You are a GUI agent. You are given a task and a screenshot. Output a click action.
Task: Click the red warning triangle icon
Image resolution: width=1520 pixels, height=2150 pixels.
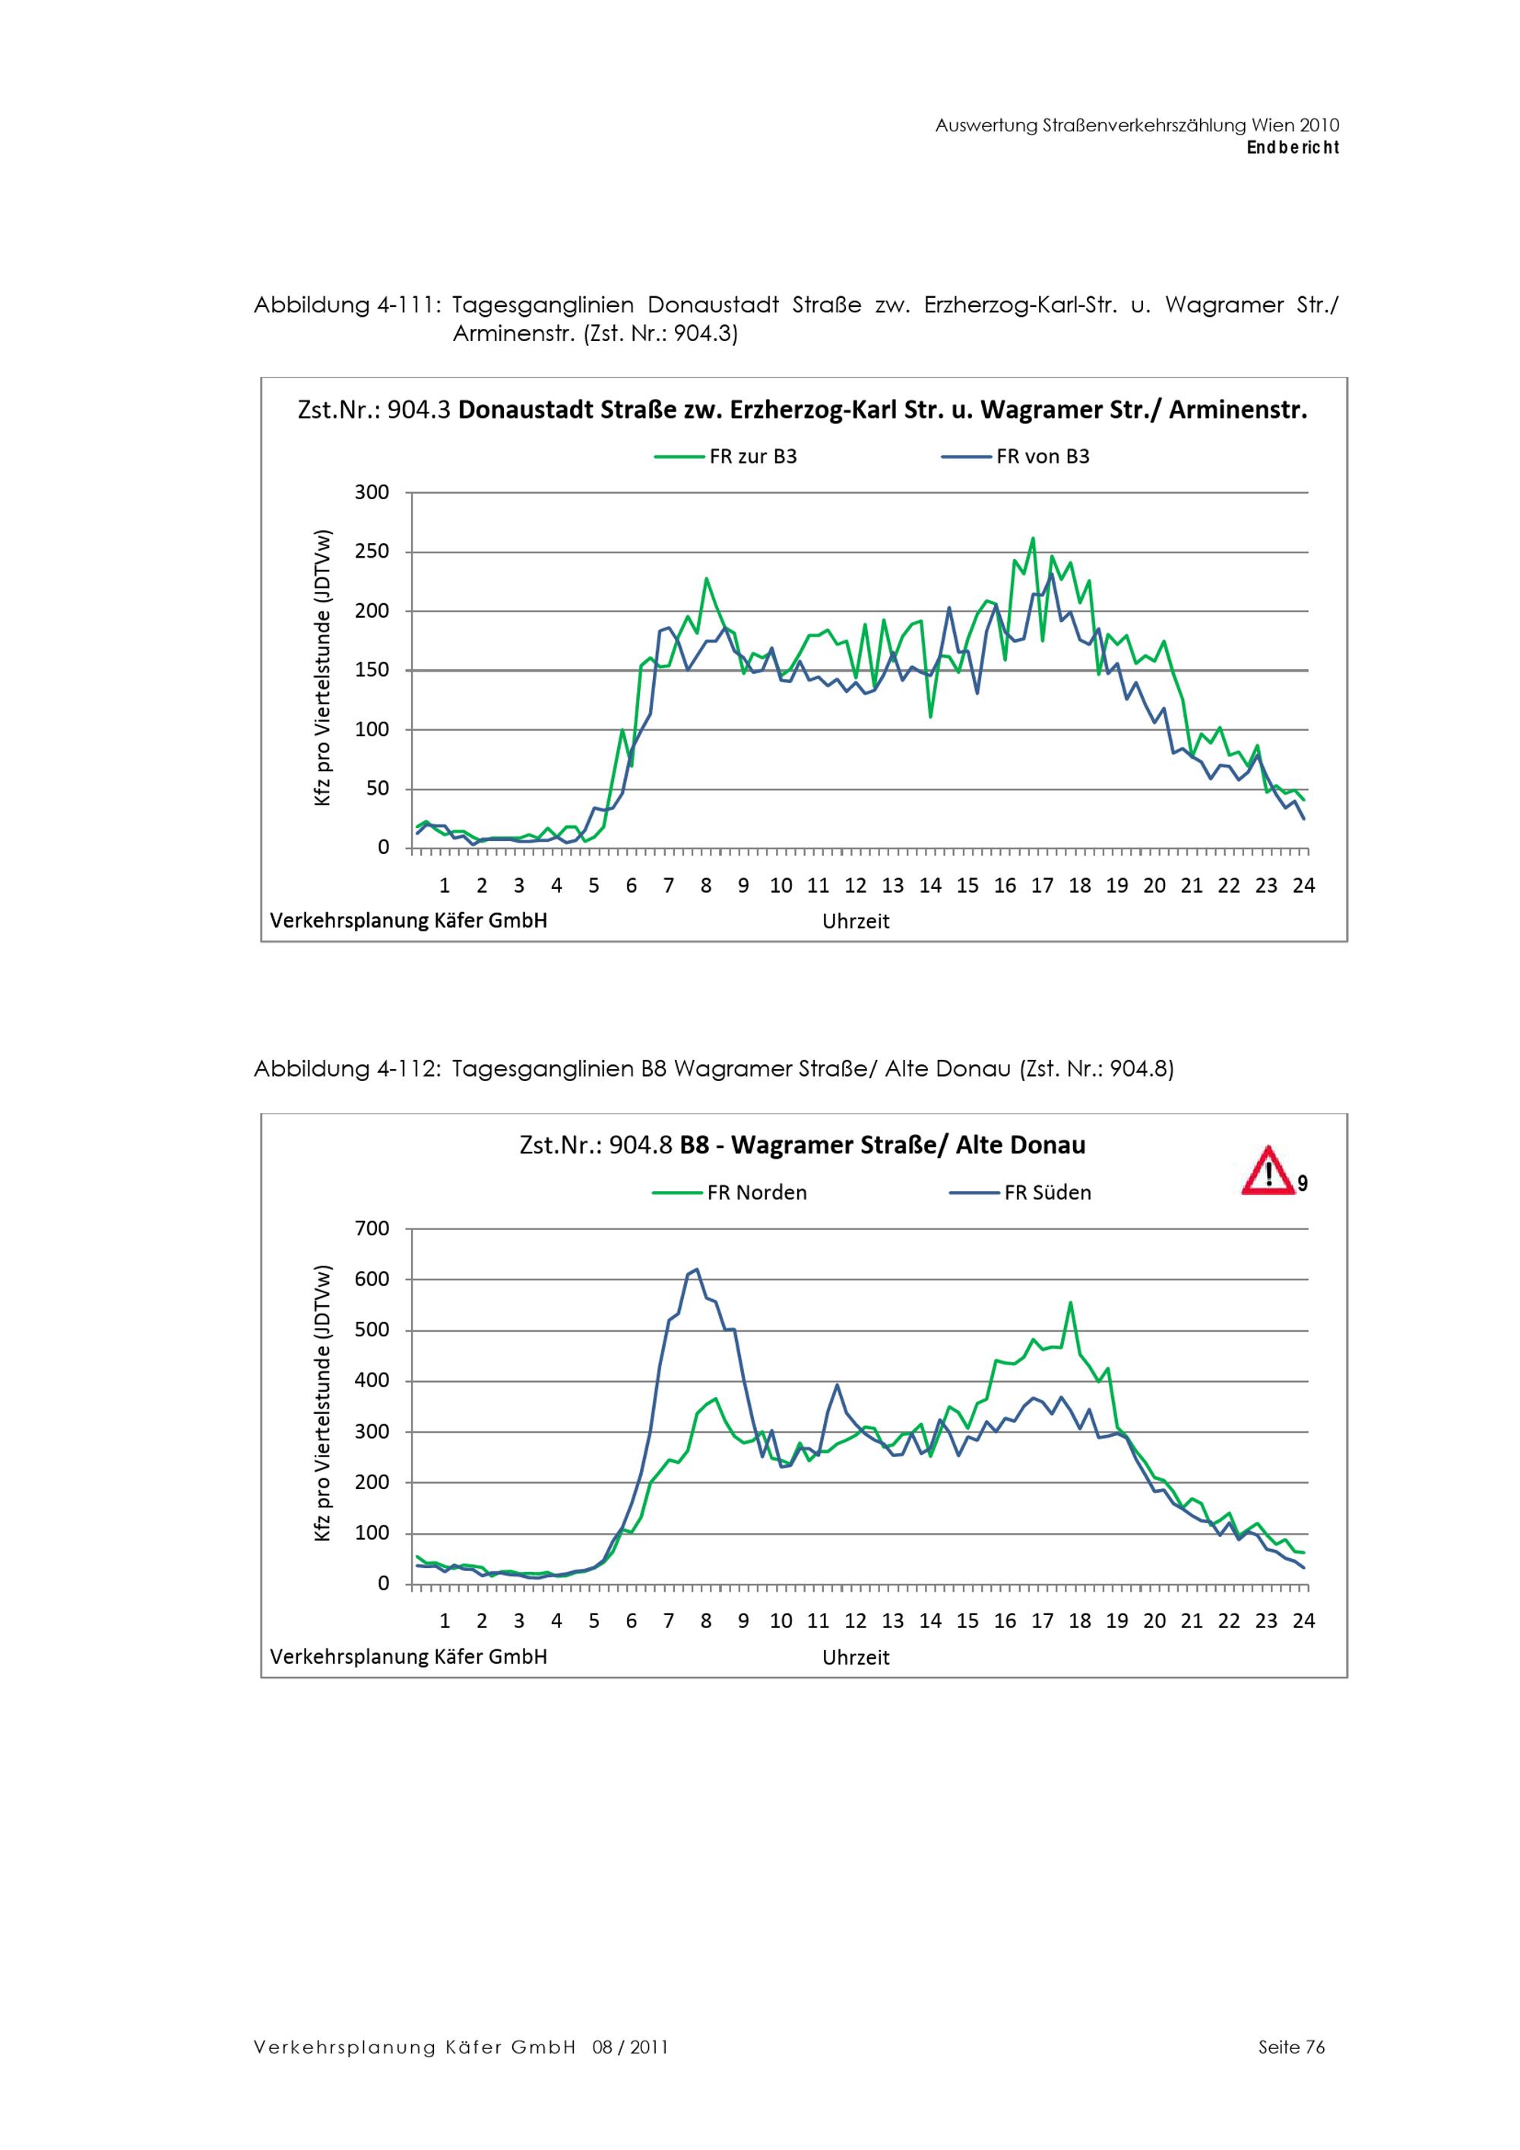coord(1266,1171)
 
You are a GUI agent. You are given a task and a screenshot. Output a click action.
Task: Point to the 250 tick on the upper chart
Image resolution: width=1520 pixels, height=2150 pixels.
coord(372,552)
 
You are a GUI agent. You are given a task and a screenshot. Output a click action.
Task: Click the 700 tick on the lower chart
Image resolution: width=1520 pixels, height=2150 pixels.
coord(372,1228)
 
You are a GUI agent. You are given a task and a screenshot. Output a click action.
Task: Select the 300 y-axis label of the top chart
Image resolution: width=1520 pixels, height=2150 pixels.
coord(372,492)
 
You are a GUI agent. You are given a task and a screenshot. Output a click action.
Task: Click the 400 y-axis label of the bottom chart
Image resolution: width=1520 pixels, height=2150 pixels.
coord(372,1381)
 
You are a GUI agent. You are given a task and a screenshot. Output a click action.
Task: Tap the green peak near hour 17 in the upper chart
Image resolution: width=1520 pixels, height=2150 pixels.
coord(1032,539)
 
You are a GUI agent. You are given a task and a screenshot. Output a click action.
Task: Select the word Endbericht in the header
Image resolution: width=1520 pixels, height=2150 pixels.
coord(1293,147)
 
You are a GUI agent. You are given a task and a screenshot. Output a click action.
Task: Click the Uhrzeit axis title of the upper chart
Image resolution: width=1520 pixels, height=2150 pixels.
coord(855,922)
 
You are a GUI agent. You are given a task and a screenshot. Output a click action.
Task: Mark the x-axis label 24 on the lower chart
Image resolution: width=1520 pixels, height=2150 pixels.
coord(1303,1621)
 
